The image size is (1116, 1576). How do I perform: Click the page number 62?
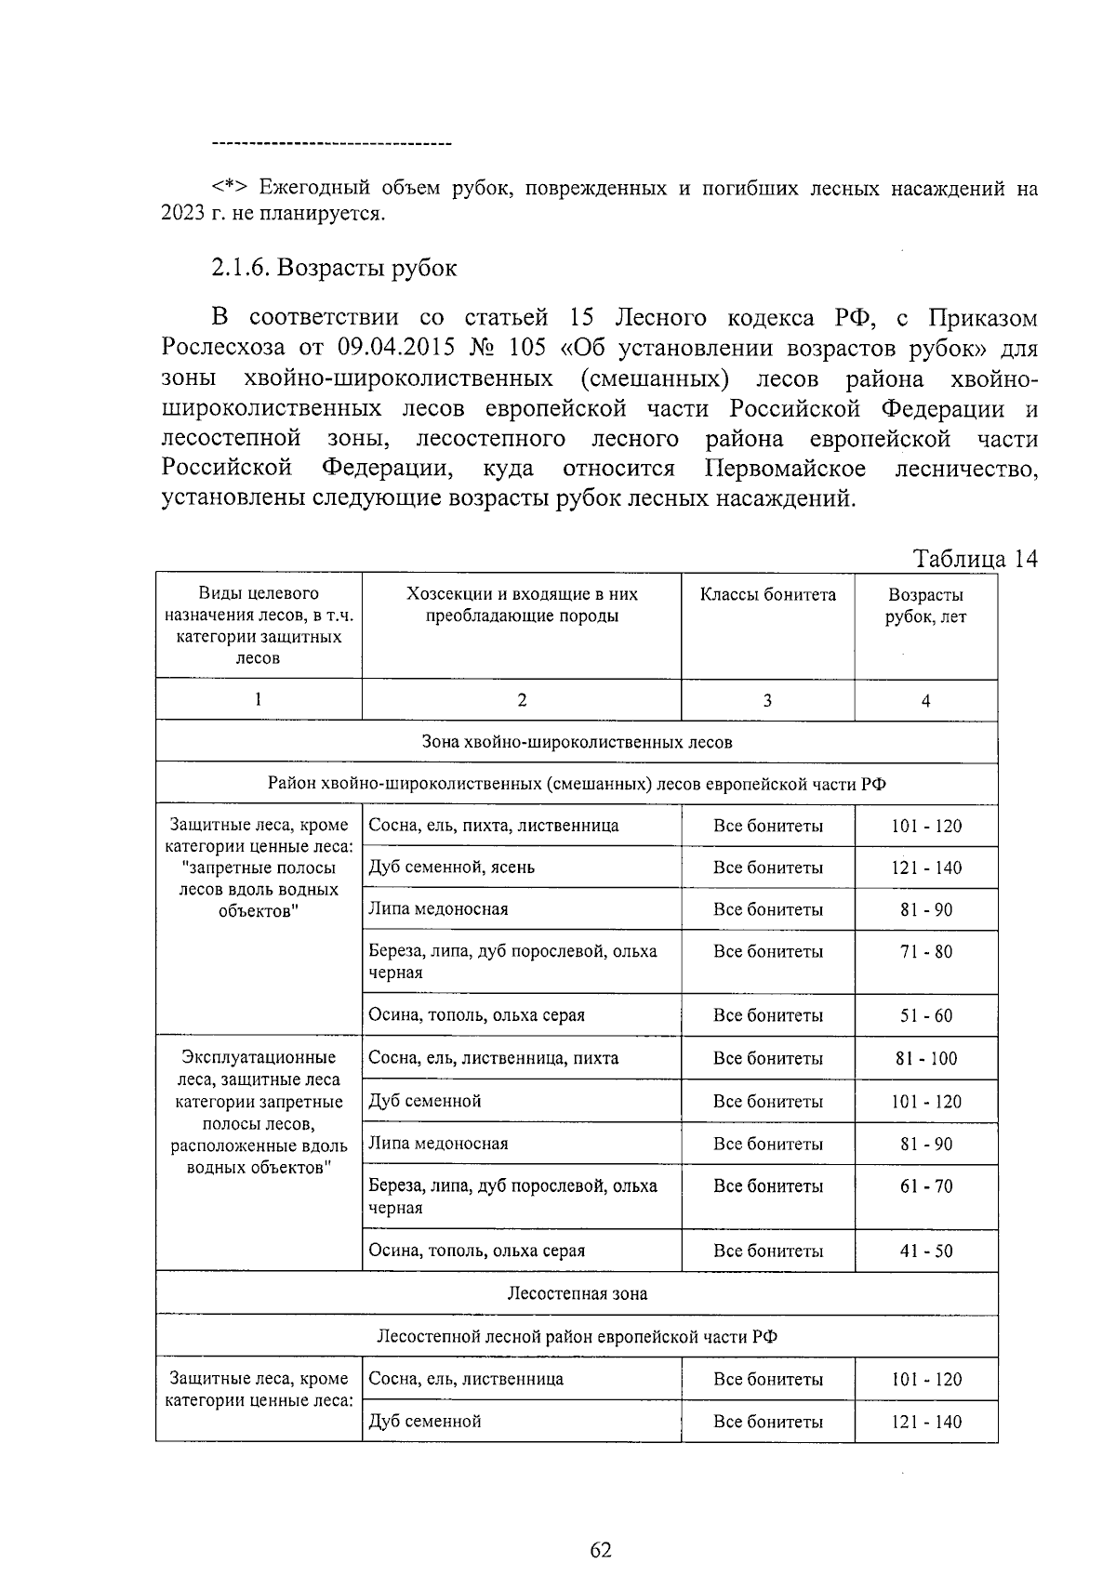click(601, 1550)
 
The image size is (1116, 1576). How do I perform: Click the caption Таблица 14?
click(975, 559)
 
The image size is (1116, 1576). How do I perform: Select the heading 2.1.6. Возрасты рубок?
click(334, 268)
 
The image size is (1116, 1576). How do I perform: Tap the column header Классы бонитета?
click(767, 595)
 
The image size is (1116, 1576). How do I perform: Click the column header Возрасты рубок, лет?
click(925, 605)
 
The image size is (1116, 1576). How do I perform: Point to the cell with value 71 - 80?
click(926, 952)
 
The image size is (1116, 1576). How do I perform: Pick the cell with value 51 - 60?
click(926, 1016)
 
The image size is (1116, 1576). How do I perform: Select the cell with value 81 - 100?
click(926, 1059)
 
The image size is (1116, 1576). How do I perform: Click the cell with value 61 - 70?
click(926, 1187)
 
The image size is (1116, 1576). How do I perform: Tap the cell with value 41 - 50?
click(926, 1252)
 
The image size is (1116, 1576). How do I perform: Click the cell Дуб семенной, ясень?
click(452, 867)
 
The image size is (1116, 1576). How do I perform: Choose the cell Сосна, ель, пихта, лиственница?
click(494, 826)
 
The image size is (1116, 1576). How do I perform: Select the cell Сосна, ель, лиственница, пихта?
click(494, 1059)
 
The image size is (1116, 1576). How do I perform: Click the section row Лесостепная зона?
click(577, 1294)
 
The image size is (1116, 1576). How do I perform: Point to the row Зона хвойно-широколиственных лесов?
click(577, 743)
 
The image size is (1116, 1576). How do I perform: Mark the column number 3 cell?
click(767, 701)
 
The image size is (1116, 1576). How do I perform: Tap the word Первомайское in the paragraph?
click(786, 469)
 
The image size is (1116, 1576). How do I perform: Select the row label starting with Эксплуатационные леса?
click(259, 1112)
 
